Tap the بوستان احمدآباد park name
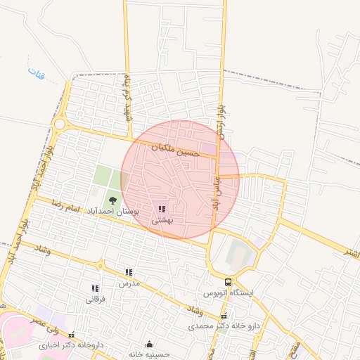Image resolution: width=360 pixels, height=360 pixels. [113, 211]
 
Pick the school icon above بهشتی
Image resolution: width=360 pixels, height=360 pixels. [162, 209]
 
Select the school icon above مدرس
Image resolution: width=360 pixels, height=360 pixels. [129, 272]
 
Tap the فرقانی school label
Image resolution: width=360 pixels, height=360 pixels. [95, 299]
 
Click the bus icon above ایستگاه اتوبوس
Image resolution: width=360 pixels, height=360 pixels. [227, 281]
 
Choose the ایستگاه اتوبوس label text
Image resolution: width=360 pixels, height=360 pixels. [227, 292]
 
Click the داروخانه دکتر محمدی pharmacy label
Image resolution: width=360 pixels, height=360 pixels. [224, 326]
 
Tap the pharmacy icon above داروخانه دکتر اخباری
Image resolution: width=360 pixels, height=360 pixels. [70, 335]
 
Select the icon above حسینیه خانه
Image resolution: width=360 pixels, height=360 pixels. [149, 345]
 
